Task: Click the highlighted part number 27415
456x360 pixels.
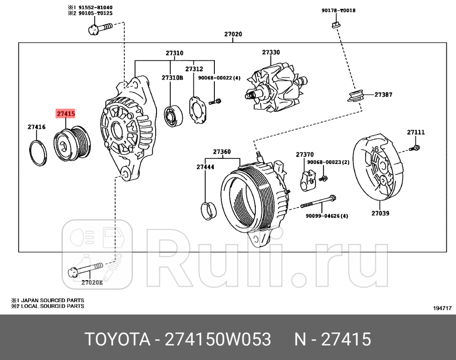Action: [66, 114]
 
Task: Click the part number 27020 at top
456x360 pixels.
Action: [233, 34]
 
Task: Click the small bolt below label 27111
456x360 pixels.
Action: [415, 148]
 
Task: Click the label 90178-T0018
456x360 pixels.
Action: [338, 10]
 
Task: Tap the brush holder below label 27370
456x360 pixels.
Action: [308, 180]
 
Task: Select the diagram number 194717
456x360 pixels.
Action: [442, 308]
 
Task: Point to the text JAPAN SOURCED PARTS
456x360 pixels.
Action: [51, 300]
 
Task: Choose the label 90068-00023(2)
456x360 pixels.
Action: [328, 162]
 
